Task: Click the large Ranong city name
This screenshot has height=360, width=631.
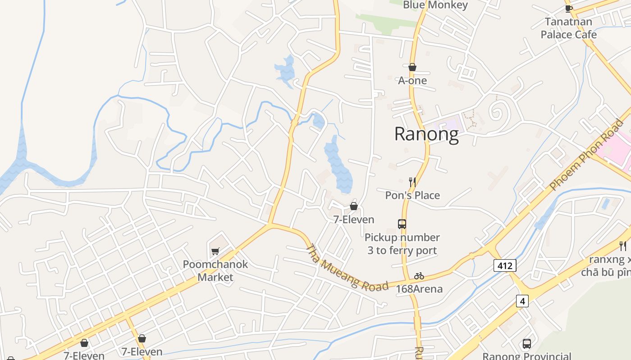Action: (426, 134)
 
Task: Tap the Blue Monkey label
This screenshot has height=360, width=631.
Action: (435, 5)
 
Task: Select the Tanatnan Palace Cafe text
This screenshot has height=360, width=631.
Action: (568, 28)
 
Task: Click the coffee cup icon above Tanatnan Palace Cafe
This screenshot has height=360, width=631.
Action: (568, 8)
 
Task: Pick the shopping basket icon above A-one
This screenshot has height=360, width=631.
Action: (412, 67)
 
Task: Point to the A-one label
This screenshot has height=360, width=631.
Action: (412, 81)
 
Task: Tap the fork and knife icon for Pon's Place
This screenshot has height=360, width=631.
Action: (412, 182)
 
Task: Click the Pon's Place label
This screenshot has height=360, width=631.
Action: (412, 195)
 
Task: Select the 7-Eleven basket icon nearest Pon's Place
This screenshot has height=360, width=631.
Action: (354, 206)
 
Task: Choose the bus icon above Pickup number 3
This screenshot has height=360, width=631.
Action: (402, 224)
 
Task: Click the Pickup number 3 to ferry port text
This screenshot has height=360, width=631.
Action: (402, 243)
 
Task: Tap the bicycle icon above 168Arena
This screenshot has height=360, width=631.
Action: (419, 275)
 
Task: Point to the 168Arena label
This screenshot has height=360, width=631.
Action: (419, 289)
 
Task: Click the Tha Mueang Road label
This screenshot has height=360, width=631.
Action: (347, 268)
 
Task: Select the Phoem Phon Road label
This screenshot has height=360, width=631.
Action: (586, 154)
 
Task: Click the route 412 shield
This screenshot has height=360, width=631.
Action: (504, 265)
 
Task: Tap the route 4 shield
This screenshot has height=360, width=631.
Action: (522, 301)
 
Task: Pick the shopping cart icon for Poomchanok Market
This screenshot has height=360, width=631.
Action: (215, 251)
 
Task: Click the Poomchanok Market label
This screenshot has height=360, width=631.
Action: (215, 270)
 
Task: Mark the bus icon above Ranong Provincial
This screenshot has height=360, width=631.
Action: (526, 344)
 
